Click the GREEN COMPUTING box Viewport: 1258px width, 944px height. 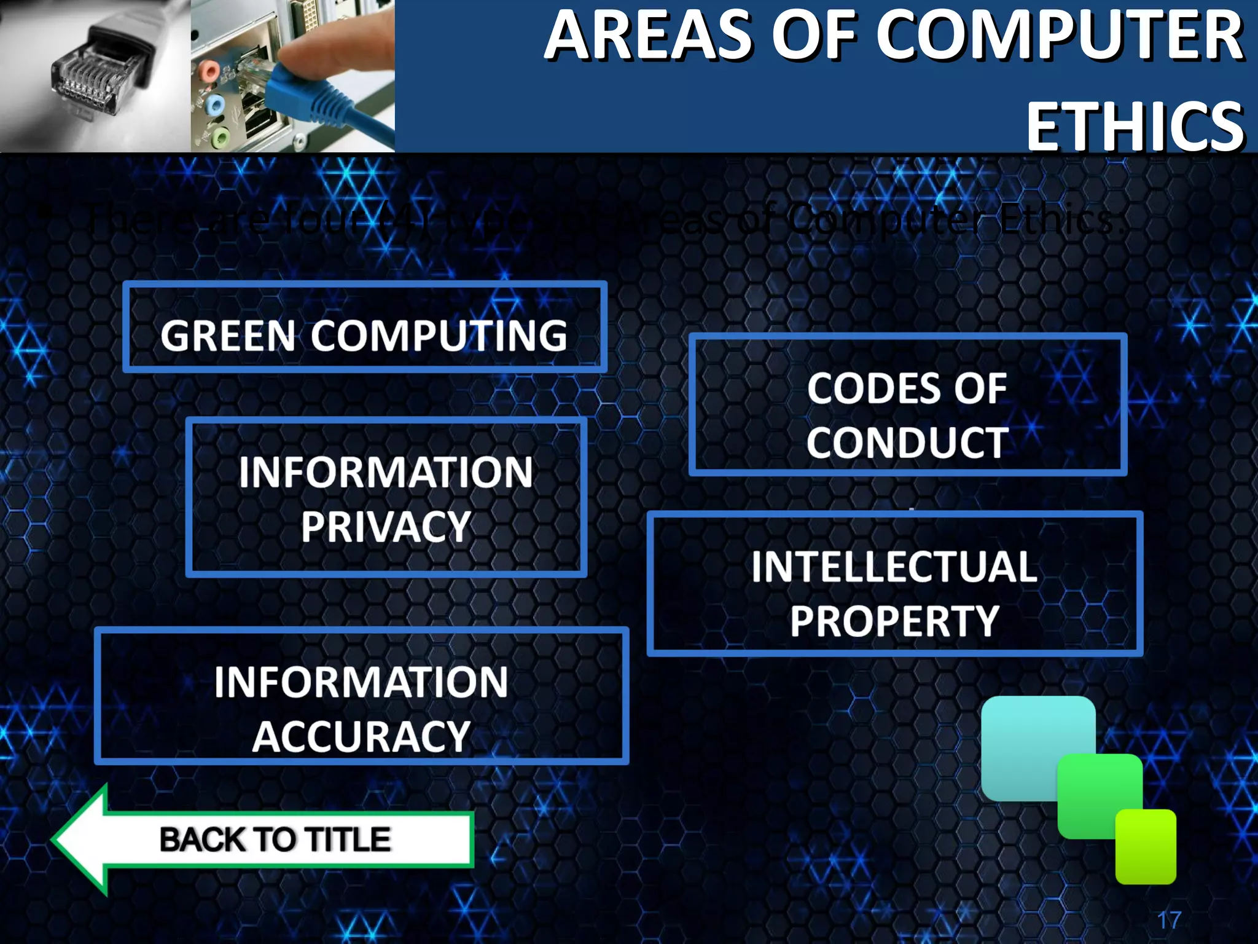365,328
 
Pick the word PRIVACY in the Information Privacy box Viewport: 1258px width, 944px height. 386,527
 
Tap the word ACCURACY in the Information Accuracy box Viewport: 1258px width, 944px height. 361,736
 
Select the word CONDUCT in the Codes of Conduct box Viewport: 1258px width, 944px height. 907,442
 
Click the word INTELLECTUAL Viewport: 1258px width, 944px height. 894,567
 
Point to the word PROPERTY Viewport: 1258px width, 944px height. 894,621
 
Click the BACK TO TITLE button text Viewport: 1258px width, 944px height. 275,840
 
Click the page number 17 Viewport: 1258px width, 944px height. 1169,920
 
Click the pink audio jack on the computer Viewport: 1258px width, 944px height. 209,71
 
